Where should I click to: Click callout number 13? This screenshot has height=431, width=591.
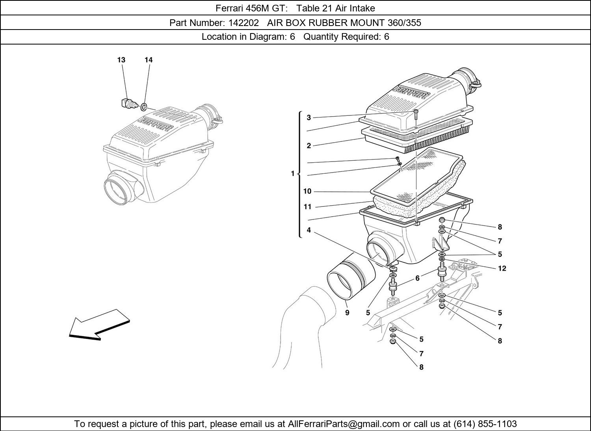point(121,60)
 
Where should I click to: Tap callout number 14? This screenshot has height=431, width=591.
point(149,60)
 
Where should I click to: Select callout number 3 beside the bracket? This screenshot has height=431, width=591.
point(309,117)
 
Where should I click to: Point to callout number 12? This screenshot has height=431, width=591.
point(502,269)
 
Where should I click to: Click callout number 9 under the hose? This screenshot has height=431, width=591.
point(347,313)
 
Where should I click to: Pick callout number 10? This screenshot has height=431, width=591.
point(307,191)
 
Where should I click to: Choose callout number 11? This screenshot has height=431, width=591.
point(307,207)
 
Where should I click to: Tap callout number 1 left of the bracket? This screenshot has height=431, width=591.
point(293,173)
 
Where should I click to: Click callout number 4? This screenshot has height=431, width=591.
point(309,230)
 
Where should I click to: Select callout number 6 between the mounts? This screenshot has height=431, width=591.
point(417,278)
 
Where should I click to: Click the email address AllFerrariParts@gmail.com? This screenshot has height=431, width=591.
point(344,424)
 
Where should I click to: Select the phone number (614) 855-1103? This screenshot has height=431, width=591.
point(485,424)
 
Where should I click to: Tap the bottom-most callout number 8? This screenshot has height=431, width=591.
point(421,367)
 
